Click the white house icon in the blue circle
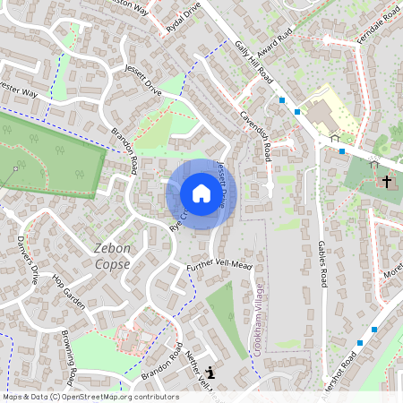201,193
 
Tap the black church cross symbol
387,181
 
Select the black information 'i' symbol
210,373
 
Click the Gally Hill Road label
254,64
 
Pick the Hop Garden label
68,292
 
